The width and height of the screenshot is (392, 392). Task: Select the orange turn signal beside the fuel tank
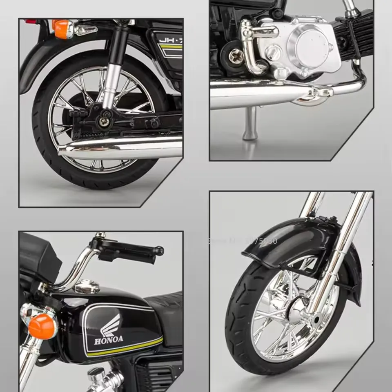coord(42,326)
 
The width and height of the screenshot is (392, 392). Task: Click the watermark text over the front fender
coord(243,241)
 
